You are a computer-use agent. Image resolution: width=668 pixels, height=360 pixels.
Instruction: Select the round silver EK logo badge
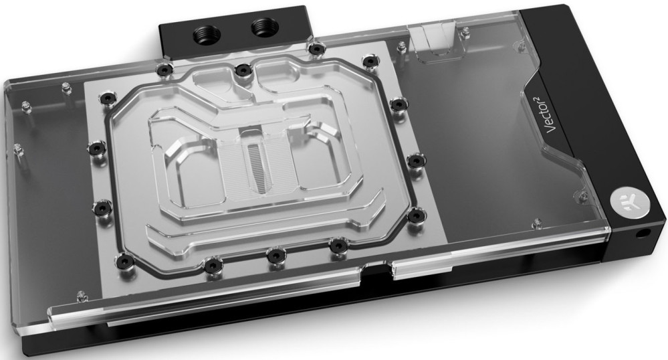tap(625, 201)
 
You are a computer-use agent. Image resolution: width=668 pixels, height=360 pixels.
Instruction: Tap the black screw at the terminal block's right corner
tap(314, 49)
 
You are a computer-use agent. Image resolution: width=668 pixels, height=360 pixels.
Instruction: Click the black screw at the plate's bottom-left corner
tap(122, 258)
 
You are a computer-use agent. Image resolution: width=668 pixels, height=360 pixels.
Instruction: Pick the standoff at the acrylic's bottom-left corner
tap(82, 294)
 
